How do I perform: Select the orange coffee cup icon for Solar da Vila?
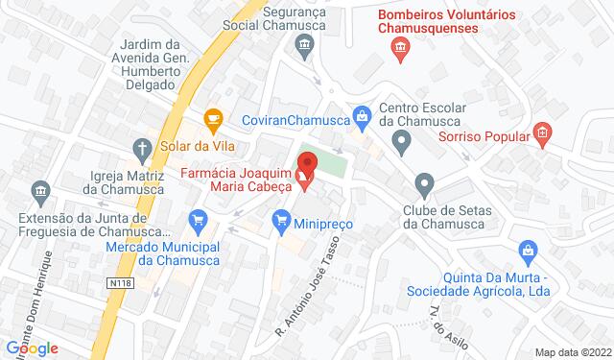point(213,118)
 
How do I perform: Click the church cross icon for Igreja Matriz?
point(141,148)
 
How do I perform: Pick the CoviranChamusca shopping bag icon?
point(362,118)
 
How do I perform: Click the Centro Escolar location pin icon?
point(402,144)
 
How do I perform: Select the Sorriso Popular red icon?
point(541,132)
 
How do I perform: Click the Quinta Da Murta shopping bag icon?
point(528,252)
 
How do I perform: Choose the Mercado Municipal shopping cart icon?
point(198,221)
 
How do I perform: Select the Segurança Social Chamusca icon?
point(303,43)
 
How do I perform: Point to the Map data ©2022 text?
point(572,351)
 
